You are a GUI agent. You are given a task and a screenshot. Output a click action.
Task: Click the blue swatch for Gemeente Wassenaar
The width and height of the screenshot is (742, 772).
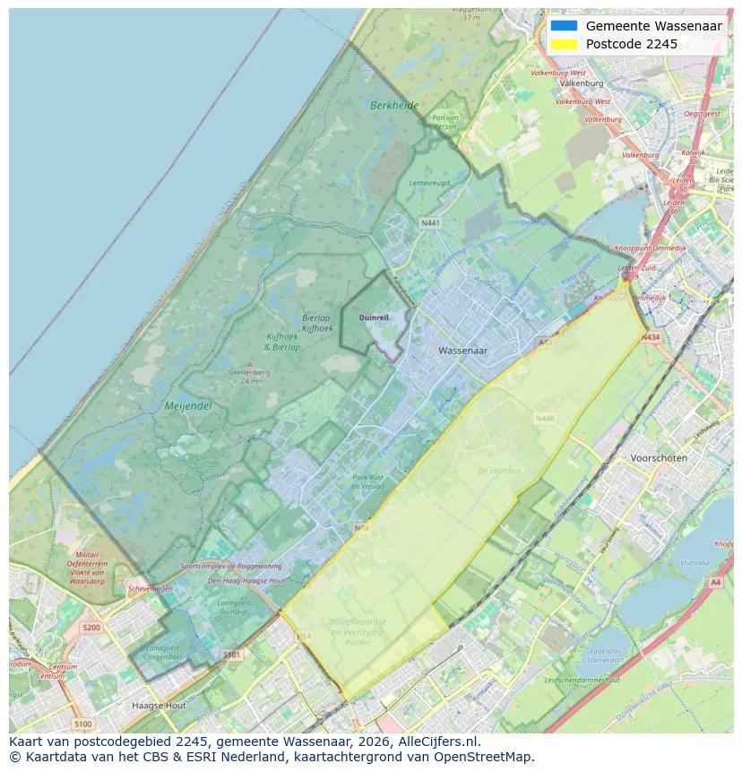[x=564, y=26]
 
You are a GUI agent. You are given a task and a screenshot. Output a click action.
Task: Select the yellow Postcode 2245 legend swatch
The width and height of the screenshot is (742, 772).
[x=564, y=44]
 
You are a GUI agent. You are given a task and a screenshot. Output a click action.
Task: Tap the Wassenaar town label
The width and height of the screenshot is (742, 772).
[x=463, y=351]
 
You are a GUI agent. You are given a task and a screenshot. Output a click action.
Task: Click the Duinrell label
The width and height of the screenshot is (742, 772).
[x=375, y=317]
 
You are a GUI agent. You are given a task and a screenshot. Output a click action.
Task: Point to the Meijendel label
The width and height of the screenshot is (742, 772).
[x=188, y=406]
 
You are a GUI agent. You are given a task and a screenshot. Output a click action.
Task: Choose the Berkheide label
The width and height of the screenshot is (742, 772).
[x=394, y=106]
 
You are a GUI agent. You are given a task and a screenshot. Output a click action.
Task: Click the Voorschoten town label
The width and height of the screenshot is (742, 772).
[x=659, y=457]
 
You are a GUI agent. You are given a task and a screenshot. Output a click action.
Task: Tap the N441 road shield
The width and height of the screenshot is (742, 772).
[x=430, y=222]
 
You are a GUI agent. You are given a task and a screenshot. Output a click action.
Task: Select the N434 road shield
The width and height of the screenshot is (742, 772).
[x=651, y=337]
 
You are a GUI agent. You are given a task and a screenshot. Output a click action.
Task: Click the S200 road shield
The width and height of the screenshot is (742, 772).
[x=91, y=628]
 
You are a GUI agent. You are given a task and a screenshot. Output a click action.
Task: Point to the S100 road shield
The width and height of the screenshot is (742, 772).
[x=82, y=724]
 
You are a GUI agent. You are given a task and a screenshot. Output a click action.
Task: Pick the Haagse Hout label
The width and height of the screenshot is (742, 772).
[x=159, y=706]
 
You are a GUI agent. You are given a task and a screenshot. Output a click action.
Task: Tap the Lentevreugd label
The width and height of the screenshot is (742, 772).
[x=428, y=183]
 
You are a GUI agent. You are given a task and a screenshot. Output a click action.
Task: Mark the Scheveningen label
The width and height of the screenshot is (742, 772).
[x=150, y=588]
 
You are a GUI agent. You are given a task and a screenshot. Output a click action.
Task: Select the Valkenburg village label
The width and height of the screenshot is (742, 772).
[x=582, y=82]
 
